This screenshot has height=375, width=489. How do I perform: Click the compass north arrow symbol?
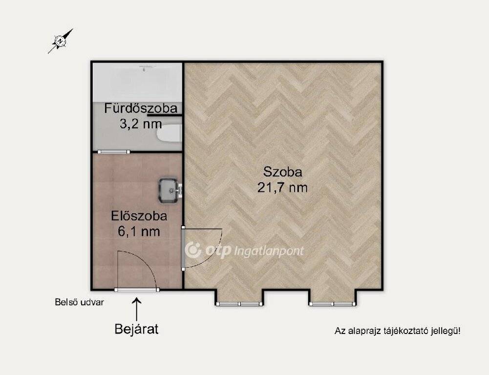[x=61, y=41]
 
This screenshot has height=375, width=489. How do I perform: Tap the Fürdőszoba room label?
[x=141, y=108]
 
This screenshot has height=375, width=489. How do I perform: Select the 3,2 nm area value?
[x=141, y=124]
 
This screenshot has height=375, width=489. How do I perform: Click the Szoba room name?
[x=282, y=172]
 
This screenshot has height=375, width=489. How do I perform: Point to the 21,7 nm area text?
[x=282, y=187]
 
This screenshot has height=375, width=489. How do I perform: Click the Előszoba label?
[x=139, y=216]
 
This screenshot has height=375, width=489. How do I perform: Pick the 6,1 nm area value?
[x=139, y=231]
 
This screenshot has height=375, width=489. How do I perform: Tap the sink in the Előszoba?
[x=170, y=190]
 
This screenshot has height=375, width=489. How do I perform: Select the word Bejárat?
[x=137, y=329]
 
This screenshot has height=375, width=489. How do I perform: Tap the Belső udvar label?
[x=79, y=302]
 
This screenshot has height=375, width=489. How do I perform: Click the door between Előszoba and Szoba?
[x=183, y=249]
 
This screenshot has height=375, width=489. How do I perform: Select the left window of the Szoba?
[x=239, y=304]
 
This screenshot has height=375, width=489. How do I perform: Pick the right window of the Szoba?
[x=333, y=304]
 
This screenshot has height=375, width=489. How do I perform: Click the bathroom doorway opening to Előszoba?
[x=114, y=152]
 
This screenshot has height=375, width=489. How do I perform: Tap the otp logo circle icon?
[x=193, y=250]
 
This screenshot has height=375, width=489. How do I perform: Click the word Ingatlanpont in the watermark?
[x=269, y=251]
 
